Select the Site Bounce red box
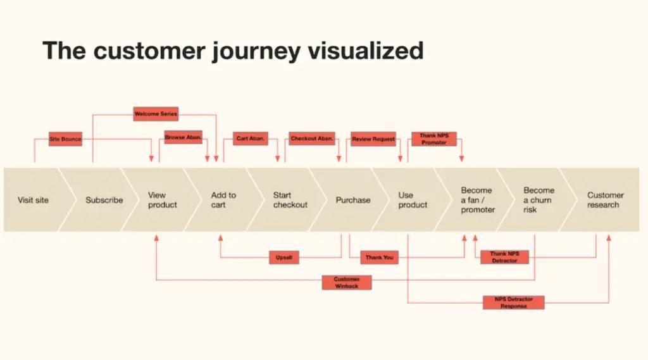point(65,139)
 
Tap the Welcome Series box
point(156,115)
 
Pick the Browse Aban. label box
point(183,138)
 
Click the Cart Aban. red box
point(251,139)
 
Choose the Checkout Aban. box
point(312,139)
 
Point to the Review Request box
point(373,139)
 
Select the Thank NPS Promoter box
point(433,139)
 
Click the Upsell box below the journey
point(284,258)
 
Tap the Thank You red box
point(379,258)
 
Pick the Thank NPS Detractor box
point(504,257)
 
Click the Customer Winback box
point(346,282)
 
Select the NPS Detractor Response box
point(513,302)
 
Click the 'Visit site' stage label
point(33,200)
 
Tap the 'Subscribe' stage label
point(104,200)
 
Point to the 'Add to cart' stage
point(223,200)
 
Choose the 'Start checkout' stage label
point(290,200)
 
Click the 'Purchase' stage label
point(353,200)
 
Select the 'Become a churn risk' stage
point(539,200)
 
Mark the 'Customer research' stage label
point(605,200)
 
